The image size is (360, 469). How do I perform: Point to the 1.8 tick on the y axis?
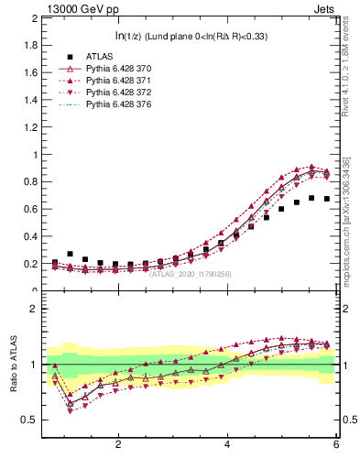(x=30, y=45)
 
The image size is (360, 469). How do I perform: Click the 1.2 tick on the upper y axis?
(x=30, y=127)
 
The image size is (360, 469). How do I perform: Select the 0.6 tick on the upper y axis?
(x=30, y=210)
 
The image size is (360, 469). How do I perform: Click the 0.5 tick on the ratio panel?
(x=29, y=420)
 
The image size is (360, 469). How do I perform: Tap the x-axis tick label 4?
(x=227, y=444)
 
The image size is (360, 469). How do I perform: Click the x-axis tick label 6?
(x=336, y=444)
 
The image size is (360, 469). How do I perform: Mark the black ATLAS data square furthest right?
(x=327, y=199)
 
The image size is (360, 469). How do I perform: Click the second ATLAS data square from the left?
(x=70, y=254)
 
